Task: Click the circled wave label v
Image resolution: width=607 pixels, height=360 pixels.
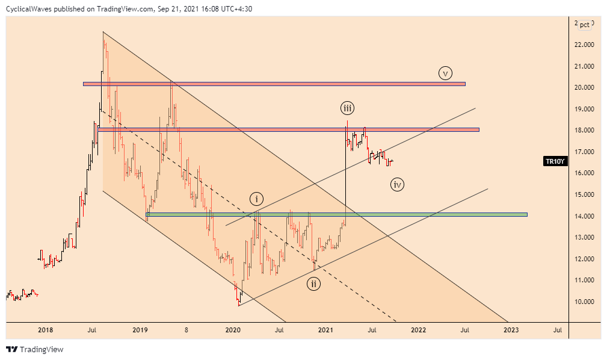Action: tap(445, 73)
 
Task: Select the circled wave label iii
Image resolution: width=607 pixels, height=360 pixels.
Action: tap(347, 108)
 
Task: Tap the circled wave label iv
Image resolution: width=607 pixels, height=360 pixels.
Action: tap(397, 185)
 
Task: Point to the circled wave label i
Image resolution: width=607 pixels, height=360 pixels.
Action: tap(257, 199)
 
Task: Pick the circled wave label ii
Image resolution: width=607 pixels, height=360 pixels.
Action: tap(313, 284)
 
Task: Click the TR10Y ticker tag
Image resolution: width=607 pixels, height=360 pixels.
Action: tap(554, 161)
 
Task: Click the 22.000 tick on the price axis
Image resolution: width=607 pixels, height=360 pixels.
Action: tap(585, 45)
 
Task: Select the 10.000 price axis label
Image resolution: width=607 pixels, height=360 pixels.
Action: tap(585, 302)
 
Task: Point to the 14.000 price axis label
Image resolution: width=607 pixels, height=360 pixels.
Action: tap(585, 216)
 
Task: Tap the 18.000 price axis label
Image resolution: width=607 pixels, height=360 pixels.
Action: tap(585, 130)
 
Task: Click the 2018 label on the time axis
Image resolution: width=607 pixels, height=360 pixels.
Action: tap(45, 330)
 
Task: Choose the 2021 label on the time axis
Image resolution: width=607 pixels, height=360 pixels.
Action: tap(325, 330)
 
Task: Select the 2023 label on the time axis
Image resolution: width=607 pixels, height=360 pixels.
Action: tap(511, 330)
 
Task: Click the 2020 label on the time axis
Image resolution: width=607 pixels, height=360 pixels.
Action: tap(232, 330)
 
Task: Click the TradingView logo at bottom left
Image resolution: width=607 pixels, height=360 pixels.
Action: tap(34, 349)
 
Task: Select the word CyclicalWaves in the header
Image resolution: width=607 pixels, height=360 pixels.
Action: tap(30, 9)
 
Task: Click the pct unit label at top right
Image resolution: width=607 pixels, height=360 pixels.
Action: tap(584, 24)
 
